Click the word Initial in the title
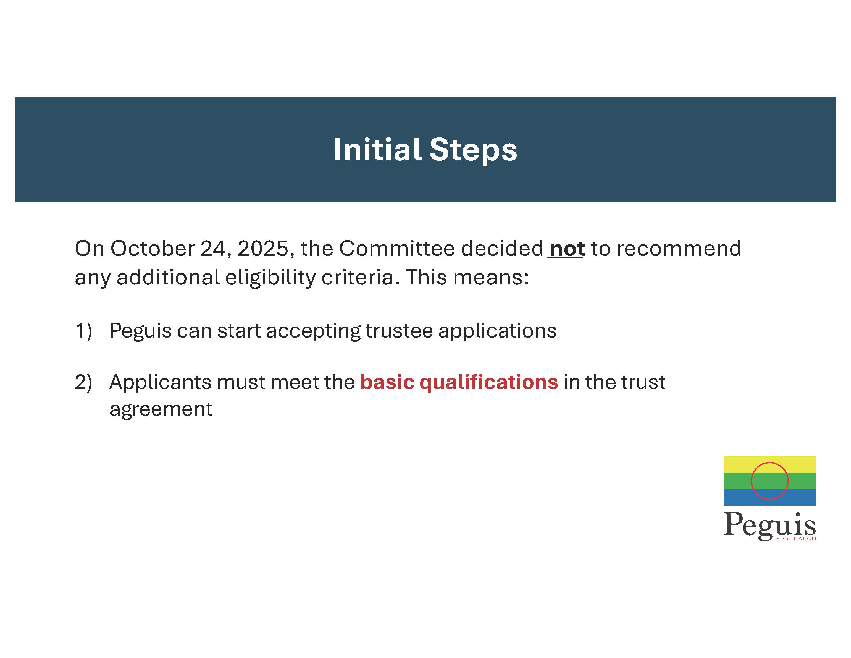click(x=377, y=149)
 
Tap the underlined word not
click(x=567, y=249)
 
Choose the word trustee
click(x=399, y=331)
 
